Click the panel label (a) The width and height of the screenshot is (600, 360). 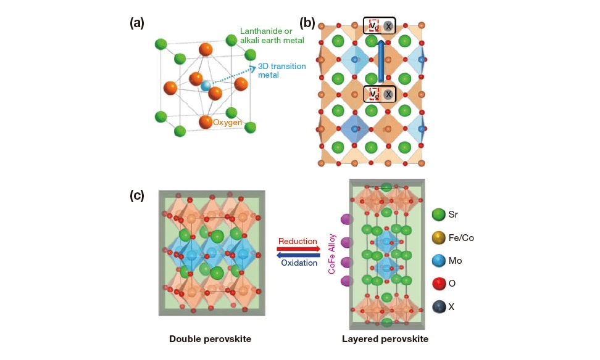(136, 23)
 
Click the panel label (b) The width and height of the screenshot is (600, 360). (307, 23)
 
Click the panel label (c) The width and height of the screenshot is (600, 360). (136, 195)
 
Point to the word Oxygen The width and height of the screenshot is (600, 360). (227, 122)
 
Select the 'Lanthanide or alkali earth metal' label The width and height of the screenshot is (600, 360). (272, 36)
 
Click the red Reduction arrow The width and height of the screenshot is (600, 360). (299, 249)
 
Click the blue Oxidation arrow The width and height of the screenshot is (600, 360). (299, 255)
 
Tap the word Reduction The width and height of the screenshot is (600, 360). (297, 241)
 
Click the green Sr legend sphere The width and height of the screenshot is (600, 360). (439, 215)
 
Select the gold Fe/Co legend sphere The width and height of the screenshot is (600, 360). (439, 238)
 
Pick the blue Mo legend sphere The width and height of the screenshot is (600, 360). (439, 261)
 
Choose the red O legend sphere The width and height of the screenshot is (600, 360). (439, 284)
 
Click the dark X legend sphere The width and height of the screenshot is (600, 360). (439, 306)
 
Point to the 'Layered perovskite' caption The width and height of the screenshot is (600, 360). (385, 339)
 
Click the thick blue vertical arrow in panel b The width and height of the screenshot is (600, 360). (381, 61)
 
